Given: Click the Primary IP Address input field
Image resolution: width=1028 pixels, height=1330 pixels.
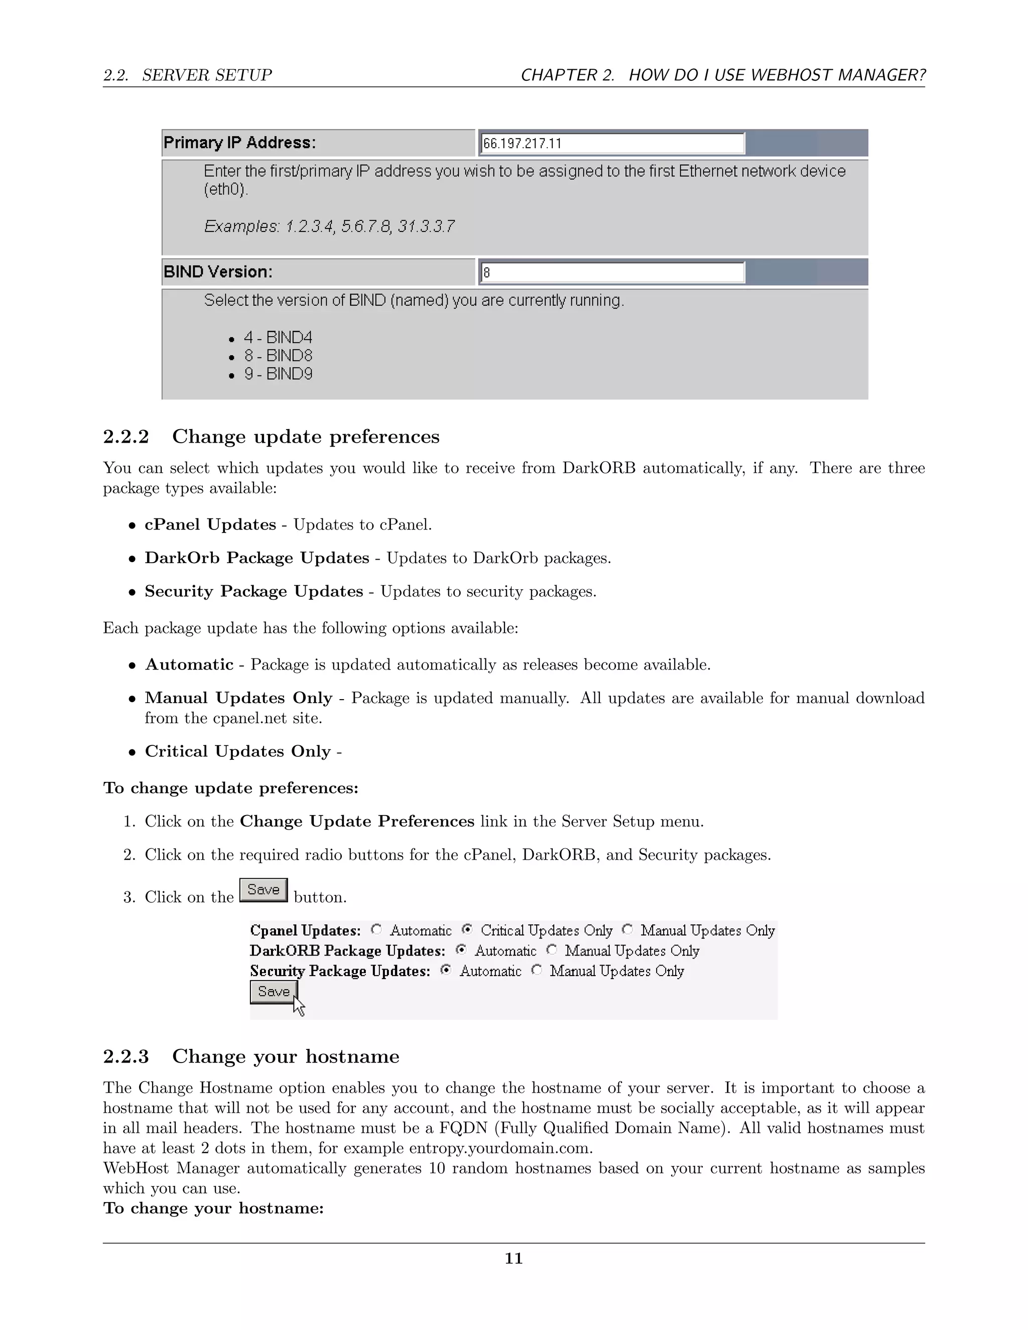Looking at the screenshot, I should (612, 143).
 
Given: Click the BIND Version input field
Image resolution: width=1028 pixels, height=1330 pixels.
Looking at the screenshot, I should (612, 272).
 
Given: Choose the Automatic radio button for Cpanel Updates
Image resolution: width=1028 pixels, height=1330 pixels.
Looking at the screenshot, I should (376, 929).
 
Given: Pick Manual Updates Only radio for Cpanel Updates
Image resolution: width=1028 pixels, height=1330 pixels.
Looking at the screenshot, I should (627, 929).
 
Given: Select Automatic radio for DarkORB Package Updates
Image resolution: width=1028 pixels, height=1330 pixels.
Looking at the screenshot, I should (461, 950).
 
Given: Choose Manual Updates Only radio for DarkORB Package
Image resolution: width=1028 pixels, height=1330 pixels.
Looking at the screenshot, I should (551, 950).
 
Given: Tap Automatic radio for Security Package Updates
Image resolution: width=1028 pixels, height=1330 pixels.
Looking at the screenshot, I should (446, 970).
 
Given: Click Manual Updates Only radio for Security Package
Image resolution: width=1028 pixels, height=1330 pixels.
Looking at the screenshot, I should (537, 970).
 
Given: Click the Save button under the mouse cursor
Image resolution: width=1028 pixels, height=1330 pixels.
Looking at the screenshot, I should (274, 991).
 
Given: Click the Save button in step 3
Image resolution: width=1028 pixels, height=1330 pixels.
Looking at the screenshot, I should (263, 890).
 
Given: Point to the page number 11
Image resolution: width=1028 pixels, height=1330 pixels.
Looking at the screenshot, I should (513, 1258).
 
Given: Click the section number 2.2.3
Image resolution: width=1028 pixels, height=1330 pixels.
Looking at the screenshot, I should (125, 1056).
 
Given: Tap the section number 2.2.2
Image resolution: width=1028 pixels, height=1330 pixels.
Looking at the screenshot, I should (125, 437).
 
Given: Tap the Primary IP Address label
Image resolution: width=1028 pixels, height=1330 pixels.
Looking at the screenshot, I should (240, 143).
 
